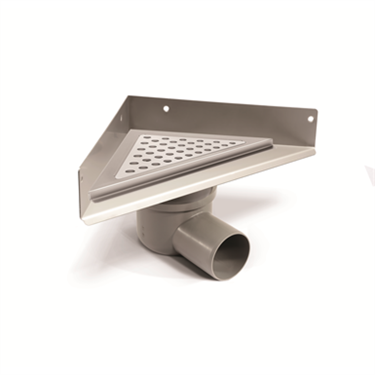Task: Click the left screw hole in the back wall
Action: coord(166,109)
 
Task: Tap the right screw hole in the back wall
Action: coord(311,118)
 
